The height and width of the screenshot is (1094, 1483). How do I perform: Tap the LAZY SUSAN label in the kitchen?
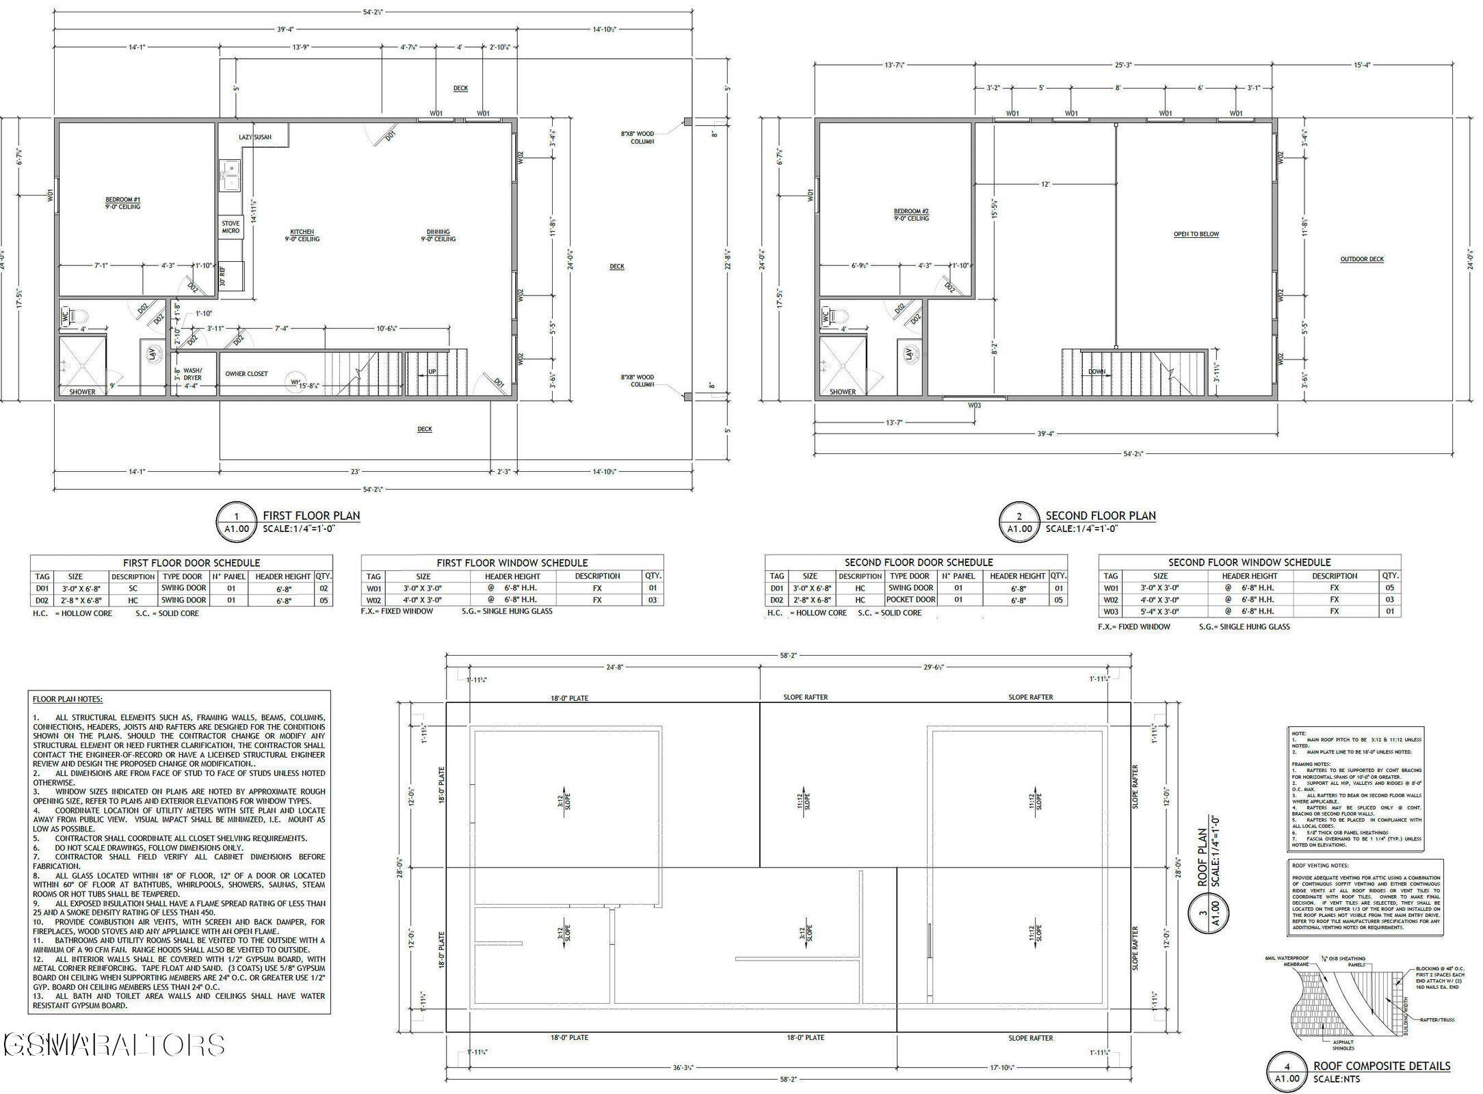(254, 137)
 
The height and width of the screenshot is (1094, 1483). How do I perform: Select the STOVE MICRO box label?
(231, 227)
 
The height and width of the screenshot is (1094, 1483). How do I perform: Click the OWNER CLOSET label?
(246, 374)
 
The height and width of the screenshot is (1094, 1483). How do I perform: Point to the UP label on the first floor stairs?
(432, 372)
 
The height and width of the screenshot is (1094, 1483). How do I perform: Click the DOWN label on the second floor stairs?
(1097, 372)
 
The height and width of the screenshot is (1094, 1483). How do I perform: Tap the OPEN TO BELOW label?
(1196, 234)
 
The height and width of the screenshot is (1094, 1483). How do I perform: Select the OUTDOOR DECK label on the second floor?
(1361, 259)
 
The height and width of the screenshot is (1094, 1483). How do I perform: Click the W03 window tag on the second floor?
(974, 405)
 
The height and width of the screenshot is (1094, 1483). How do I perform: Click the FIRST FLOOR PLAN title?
(311, 516)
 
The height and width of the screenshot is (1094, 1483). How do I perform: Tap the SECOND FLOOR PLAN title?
(1100, 516)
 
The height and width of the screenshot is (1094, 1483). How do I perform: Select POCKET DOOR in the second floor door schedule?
(910, 600)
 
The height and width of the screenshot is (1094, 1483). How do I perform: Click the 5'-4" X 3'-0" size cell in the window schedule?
(1160, 611)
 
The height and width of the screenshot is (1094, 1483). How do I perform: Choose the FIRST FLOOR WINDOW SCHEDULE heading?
(512, 563)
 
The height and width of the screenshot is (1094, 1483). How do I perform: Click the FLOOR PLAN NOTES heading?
(68, 699)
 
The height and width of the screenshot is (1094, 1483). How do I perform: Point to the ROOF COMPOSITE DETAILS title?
(1381, 1065)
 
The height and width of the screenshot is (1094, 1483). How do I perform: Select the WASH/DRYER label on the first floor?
(192, 374)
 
